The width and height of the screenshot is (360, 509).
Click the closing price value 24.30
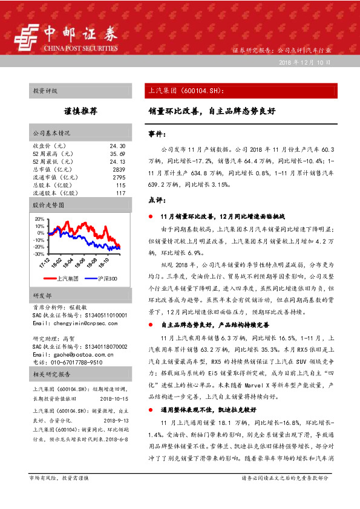coord(117,146)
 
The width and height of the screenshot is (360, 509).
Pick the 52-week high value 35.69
coord(117,154)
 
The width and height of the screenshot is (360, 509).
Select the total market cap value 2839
coord(119,170)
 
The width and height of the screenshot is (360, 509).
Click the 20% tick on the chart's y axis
coord(40,219)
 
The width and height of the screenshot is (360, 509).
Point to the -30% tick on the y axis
coord(39,254)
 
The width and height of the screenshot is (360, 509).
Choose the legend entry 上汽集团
coord(67,279)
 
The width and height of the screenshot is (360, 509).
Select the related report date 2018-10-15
coord(112,398)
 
